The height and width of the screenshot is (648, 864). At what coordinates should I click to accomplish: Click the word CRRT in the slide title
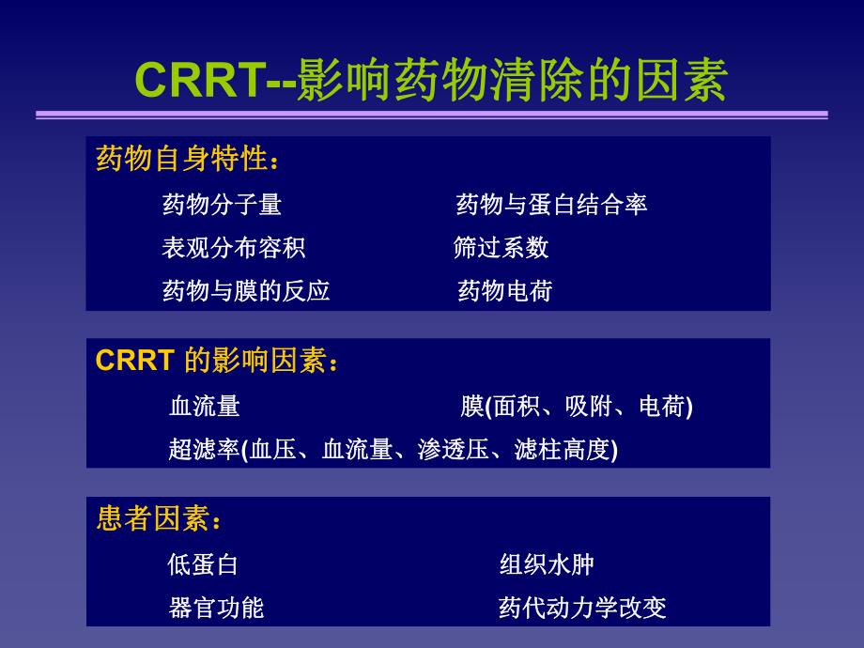pyautogui.click(x=201, y=81)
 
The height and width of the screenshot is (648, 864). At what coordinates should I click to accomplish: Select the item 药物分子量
pyautogui.click(x=222, y=205)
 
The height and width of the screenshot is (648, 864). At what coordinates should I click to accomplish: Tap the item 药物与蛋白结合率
pyautogui.click(x=551, y=205)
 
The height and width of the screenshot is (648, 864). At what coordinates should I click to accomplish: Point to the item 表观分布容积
pyautogui.click(x=233, y=248)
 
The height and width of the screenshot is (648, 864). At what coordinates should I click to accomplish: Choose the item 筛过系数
pyautogui.click(x=501, y=248)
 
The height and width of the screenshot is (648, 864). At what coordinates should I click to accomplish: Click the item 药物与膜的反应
pyautogui.click(x=246, y=291)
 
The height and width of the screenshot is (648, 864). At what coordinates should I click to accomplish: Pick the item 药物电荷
pyautogui.click(x=504, y=291)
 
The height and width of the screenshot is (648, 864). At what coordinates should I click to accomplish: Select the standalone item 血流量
pyautogui.click(x=205, y=407)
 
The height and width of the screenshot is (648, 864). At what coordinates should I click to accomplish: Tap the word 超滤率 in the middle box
pyautogui.click(x=204, y=450)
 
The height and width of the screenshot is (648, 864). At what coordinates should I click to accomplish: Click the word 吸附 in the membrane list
pyautogui.click(x=589, y=407)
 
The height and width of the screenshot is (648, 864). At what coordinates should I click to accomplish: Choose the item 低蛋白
pyautogui.click(x=203, y=564)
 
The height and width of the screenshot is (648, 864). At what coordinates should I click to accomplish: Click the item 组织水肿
pyautogui.click(x=547, y=564)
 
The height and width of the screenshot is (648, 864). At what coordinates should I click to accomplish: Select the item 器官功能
pyautogui.click(x=216, y=608)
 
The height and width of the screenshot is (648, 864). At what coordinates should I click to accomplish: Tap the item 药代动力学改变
pyautogui.click(x=582, y=608)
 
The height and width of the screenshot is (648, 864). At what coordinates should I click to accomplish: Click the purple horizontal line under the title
pyautogui.click(x=432, y=116)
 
